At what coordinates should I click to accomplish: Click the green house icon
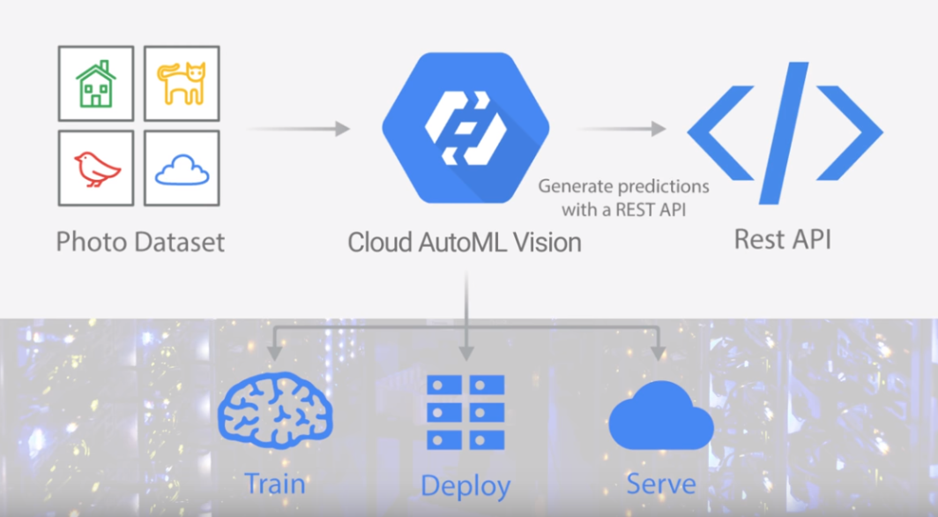point(96,84)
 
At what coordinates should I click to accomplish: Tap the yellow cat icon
point(181,83)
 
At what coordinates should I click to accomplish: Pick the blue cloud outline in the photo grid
point(182,169)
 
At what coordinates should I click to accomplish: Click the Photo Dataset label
point(140,241)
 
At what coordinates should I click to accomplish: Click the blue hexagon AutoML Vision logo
point(465,129)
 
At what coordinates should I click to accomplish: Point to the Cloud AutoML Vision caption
point(465,242)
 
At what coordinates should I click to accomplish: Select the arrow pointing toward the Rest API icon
point(622,129)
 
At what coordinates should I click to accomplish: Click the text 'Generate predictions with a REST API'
point(623,199)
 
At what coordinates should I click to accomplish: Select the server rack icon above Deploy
point(465,411)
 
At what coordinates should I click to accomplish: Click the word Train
point(274,483)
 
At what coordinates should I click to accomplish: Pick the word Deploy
point(465,486)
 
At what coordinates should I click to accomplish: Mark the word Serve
point(660,483)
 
